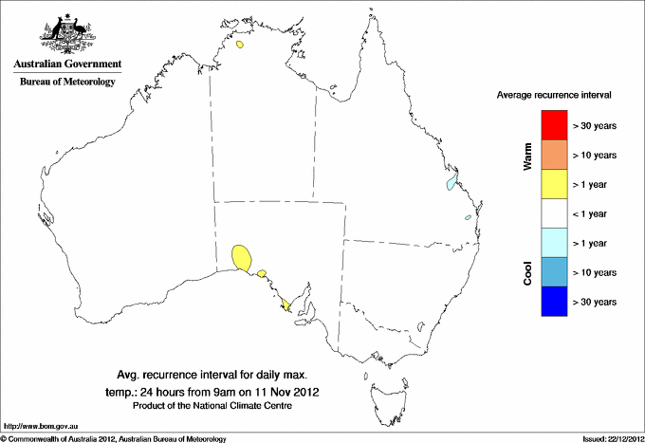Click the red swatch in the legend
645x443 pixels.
point(553,125)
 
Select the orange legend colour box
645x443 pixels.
point(553,155)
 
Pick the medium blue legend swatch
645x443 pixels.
point(553,271)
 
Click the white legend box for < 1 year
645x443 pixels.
point(553,213)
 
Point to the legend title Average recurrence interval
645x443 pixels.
point(554,96)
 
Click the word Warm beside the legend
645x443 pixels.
point(528,155)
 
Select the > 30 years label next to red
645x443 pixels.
point(596,125)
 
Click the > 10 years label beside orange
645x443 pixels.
point(596,155)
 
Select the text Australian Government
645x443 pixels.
point(67,65)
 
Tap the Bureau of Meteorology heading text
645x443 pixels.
point(67,83)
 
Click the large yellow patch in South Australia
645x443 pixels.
point(242,257)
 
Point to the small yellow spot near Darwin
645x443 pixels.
point(242,43)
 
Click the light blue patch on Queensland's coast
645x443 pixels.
point(452,180)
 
